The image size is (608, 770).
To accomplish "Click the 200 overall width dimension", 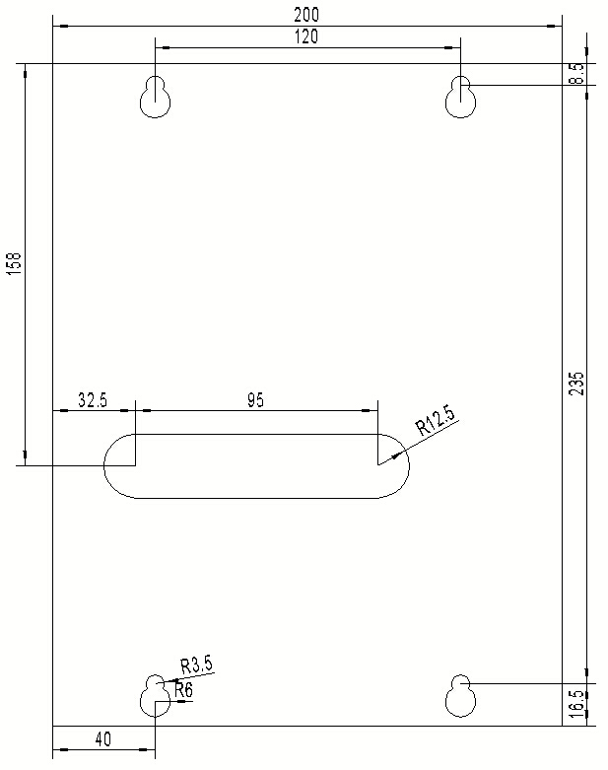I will click(x=306, y=15).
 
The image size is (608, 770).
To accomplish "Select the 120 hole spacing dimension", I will click(x=306, y=36).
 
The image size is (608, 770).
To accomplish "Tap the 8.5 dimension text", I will click(x=576, y=74).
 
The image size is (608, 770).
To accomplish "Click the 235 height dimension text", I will click(x=576, y=384).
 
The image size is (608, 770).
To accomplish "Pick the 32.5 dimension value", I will click(x=92, y=400).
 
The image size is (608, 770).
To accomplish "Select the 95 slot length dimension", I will click(x=255, y=400).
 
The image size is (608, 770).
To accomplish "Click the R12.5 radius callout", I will click(x=437, y=421).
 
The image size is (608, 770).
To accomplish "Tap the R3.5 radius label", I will click(x=196, y=665).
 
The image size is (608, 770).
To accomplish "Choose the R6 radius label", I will click(x=184, y=691).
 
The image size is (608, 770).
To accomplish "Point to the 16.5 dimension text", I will click(x=577, y=702).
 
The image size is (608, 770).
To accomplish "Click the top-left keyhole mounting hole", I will click(x=156, y=97).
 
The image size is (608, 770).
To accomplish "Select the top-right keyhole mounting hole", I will click(x=459, y=97).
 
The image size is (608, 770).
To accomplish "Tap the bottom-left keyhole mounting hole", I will click(x=156, y=696).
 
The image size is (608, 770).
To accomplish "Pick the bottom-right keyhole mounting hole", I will click(x=459, y=696).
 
